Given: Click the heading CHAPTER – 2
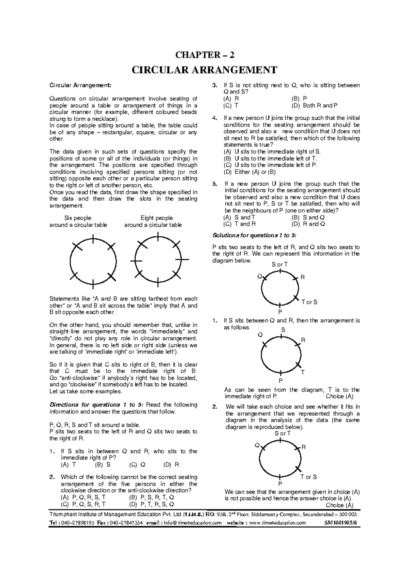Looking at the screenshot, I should click(204, 55).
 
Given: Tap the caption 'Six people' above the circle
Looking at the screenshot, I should click(78, 218).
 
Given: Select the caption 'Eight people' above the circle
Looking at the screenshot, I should click(157, 218).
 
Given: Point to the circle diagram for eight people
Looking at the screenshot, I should click(157, 260).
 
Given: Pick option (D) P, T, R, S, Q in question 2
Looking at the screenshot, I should click(152, 504).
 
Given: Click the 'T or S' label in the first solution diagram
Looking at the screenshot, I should click(309, 302).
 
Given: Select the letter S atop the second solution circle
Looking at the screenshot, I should click(283, 330).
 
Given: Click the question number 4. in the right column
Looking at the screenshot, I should click(214, 118).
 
